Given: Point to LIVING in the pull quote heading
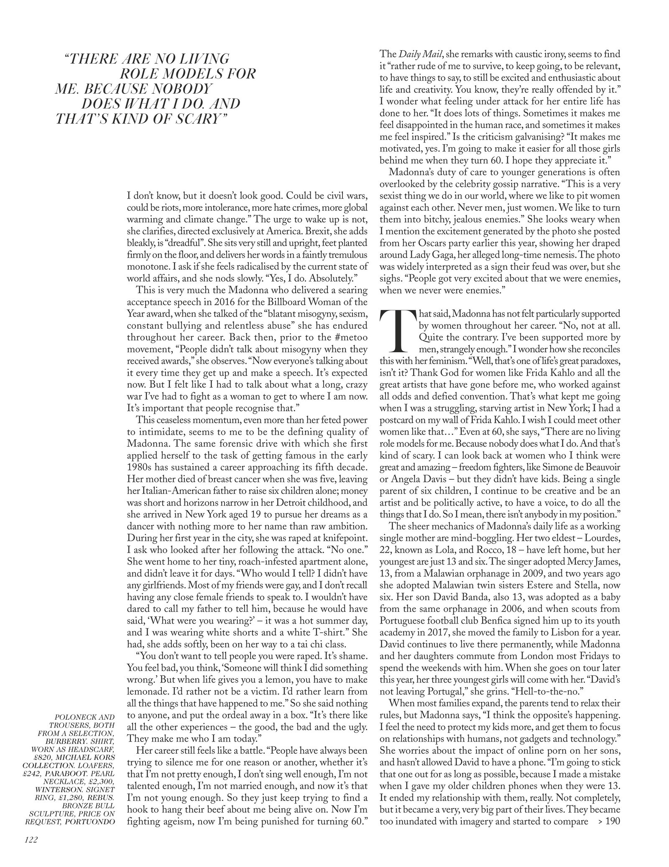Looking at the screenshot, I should tap(196, 59).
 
